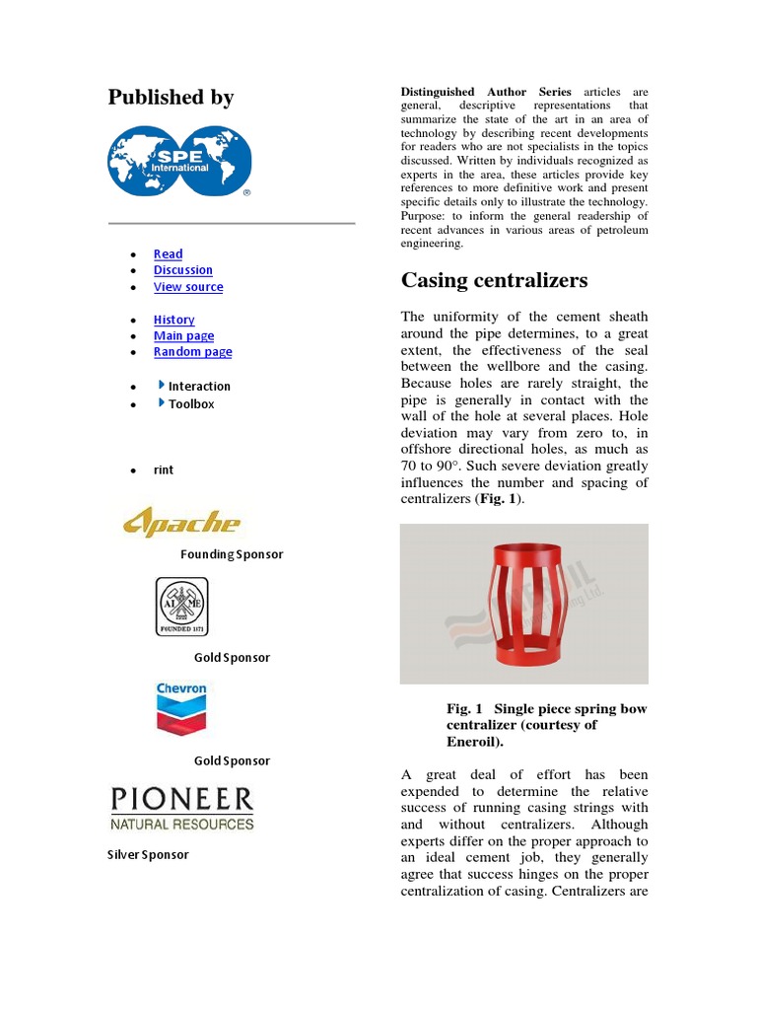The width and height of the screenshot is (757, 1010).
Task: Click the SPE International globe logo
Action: (x=179, y=161)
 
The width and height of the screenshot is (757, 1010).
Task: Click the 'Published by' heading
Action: (x=171, y=97)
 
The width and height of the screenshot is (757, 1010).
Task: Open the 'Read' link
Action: (x=168, y=253)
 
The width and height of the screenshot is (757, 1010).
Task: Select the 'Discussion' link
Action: (x=182, y=270)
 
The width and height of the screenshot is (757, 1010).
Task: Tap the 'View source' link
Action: (x=187, y=287)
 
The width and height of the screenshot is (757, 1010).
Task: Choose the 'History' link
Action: (x=173, y=320)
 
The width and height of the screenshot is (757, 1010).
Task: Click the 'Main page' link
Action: (x=183, y=335)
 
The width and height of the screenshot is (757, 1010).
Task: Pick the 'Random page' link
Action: (x=192, y=352)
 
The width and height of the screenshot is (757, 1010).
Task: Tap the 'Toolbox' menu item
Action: (x=190, y=403)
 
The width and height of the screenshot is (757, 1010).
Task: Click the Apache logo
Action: (x=181, y=521)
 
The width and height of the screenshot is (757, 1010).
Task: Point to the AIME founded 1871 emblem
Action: (x=182, y=606)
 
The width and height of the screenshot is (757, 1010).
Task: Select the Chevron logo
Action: (x=181, y=709)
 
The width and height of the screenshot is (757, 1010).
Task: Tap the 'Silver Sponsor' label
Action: (x=148, y=854)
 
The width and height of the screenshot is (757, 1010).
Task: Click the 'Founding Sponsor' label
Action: (x=231, y=554)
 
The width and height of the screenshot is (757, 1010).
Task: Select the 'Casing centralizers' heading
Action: (x=494, y=280)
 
